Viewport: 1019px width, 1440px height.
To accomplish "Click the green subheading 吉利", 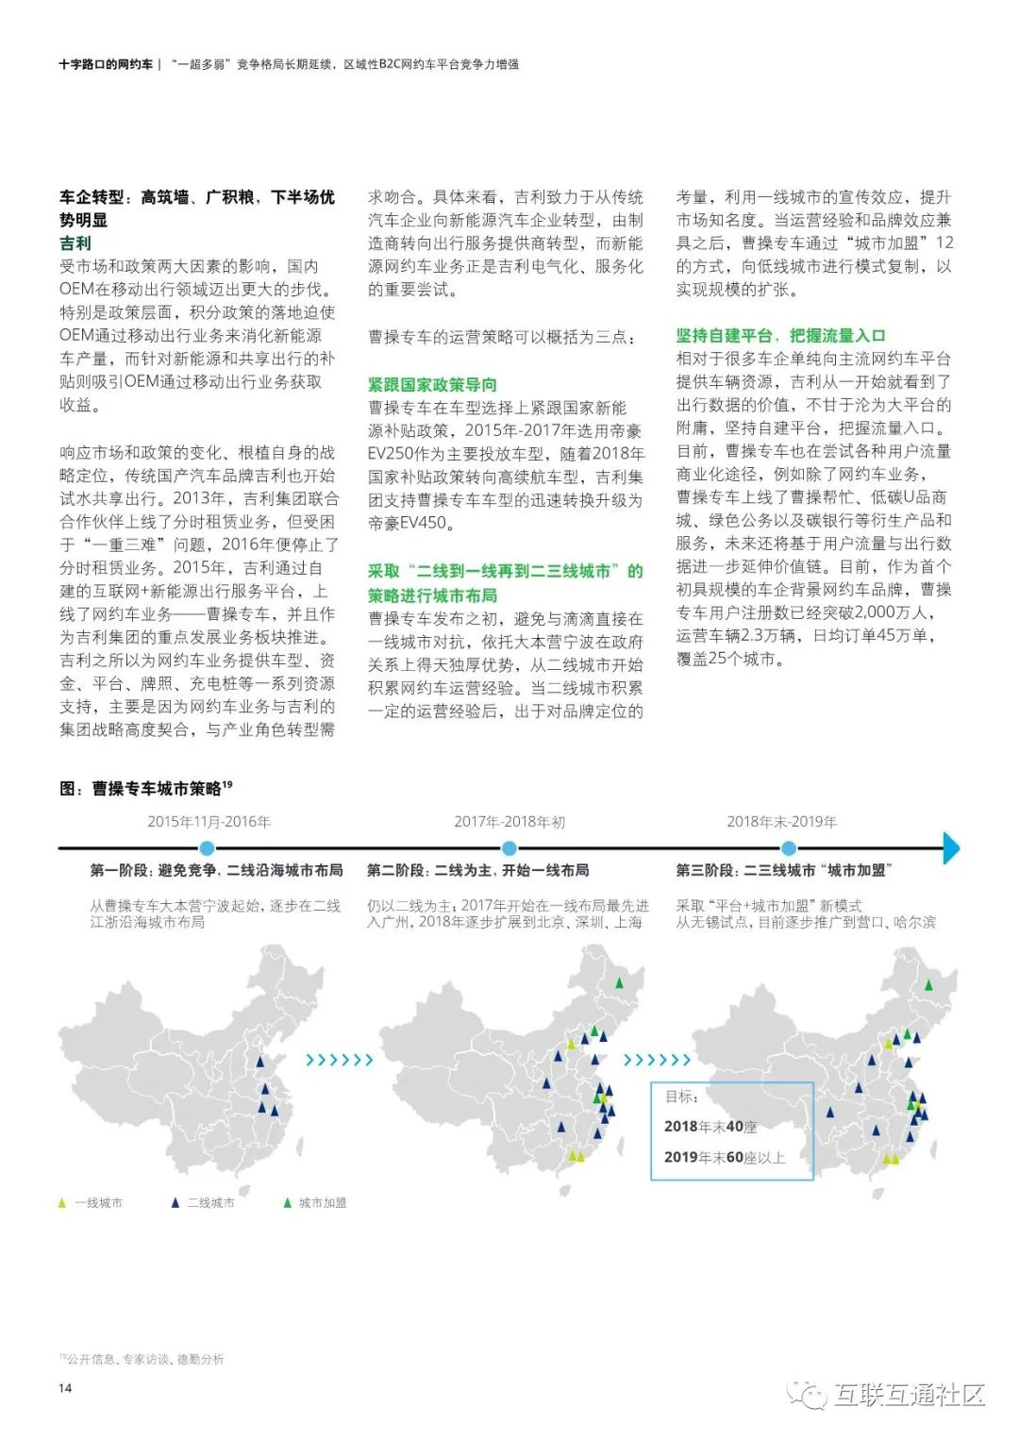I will coord(75,243).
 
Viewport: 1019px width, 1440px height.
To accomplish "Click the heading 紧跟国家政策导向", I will coord(432,384).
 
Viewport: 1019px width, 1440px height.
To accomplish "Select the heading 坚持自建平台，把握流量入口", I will coord(780,336).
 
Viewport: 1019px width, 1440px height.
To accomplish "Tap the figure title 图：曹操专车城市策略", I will coord(145,788).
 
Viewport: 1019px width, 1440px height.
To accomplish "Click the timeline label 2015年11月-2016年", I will coord(209,822).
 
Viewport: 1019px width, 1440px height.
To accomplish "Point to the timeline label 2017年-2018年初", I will coord(509,822).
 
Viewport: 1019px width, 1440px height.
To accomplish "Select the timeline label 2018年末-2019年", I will coord(781,822).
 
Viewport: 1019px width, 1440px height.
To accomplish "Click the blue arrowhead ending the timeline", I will coord(950,848).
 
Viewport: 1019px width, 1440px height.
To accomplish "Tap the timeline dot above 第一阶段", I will coord(208,848).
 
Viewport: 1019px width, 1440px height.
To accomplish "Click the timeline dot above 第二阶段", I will coord(509,848).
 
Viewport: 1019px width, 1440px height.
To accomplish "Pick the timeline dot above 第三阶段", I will coord(791,848).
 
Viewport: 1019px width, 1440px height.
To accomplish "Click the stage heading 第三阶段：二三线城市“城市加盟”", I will coord(783,870).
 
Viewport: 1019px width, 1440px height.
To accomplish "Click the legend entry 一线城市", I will coord(91,1203).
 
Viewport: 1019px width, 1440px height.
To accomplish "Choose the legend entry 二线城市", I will coord(203,1203).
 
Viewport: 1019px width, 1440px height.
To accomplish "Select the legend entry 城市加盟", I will coord(315,1203).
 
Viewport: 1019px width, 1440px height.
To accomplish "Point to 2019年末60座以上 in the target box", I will coord(724,1158).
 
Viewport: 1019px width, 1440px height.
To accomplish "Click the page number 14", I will coord(65,1387).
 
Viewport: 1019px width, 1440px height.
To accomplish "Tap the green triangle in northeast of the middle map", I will coord(619,983).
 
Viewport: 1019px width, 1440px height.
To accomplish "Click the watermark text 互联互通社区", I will coord(908,1395).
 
